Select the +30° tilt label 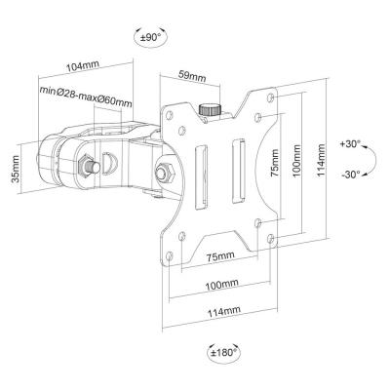pyautogui.click(x=350, y=143)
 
